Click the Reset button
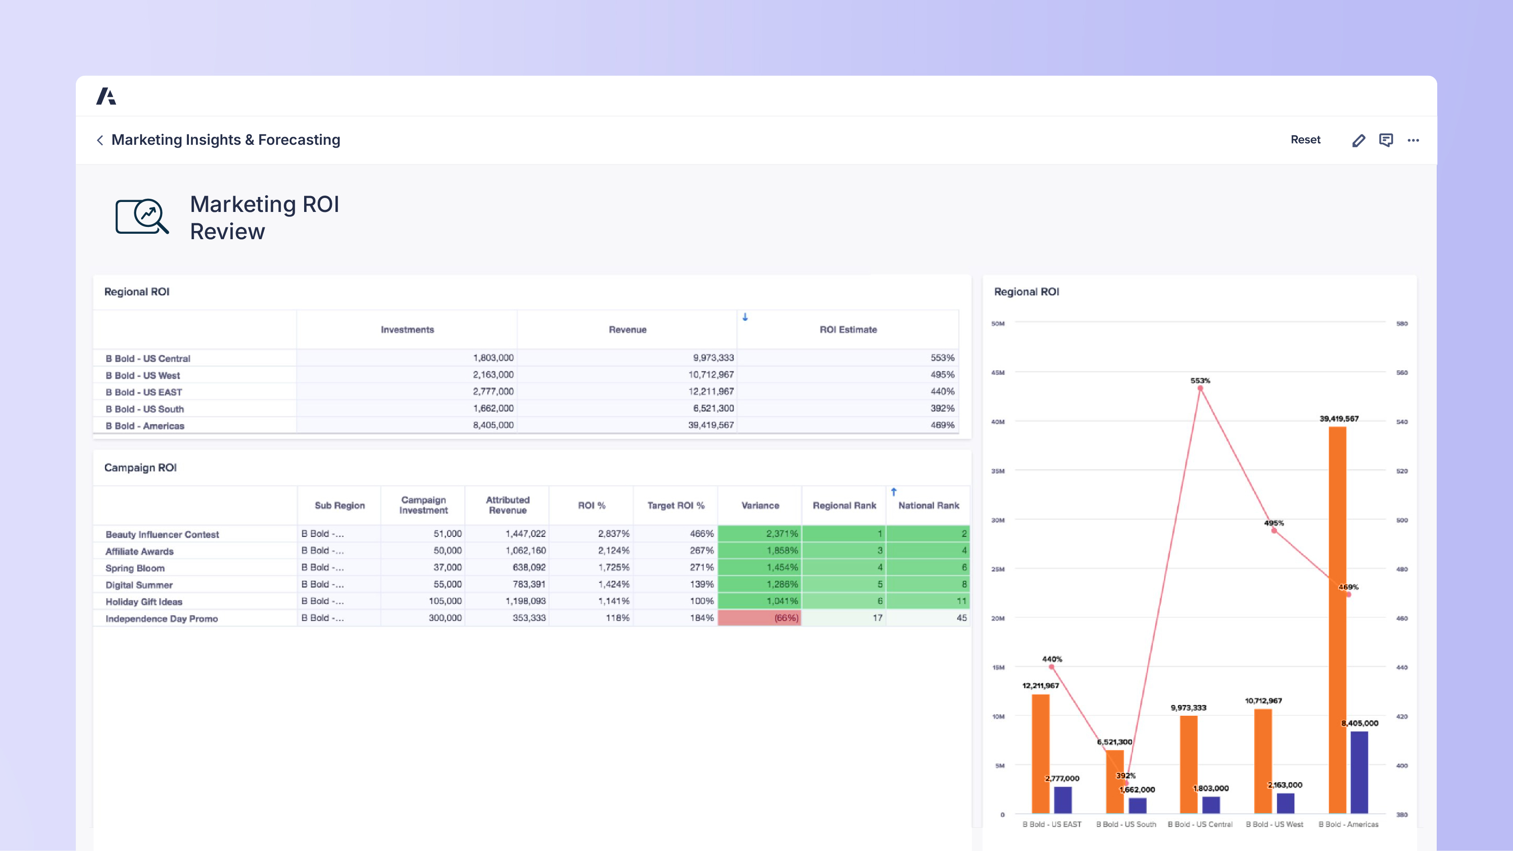(x=1305, y=140)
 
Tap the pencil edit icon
(x=1358, y=140)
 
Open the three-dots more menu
(x=1413, y=140)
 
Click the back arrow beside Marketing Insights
(x=100, y=140)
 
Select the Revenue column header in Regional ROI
(x=627, y=330)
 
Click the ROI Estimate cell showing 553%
(x=942, y=358)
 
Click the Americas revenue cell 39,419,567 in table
(x=711, y=425)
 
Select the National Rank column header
(x=928, y=506)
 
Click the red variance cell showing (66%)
(x=785, y=618)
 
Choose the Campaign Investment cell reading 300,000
(x=444, y=618)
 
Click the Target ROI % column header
(x=675, y=506)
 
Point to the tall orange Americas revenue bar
(x=1337, y=617)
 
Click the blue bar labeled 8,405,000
(x=1359, y=772)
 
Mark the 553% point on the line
(x=1200, y=388)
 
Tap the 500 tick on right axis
(x=1402, y=520)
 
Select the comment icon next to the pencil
(x=1385, y=140)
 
